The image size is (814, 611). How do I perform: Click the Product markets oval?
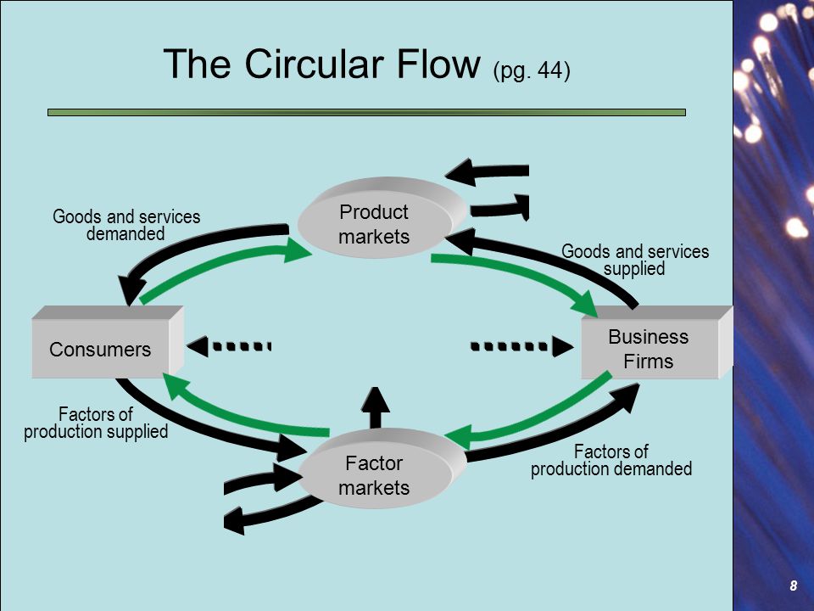382,218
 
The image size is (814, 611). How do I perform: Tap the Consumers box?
108,342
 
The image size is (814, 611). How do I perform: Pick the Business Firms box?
656,342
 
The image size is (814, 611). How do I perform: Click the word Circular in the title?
310,64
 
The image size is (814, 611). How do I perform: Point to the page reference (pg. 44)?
532,71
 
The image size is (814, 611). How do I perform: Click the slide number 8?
793,586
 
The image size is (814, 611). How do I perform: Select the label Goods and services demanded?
126,225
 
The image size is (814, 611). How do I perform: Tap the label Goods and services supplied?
635,260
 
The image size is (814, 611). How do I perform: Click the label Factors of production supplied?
96,423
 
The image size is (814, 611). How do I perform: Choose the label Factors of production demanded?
611,460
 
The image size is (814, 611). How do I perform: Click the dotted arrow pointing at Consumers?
228,346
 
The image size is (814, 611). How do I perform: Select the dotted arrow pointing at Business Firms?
521,346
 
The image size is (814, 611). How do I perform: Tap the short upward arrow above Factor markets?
376,408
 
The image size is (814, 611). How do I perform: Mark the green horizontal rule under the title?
366,112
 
